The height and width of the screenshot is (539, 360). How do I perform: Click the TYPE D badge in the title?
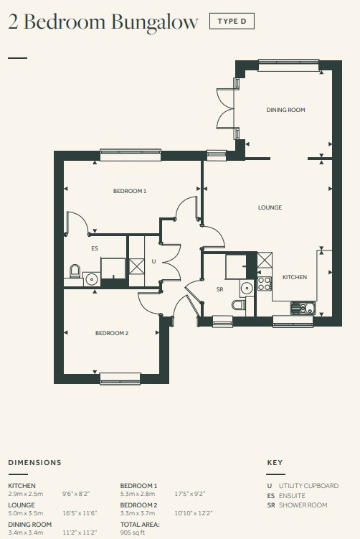tap(232, 22)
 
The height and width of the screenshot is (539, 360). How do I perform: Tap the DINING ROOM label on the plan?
tap(286, 110)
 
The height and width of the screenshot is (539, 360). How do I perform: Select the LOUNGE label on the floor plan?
tap(270, 207)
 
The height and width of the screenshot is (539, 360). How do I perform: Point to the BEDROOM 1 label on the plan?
tap(130, 191)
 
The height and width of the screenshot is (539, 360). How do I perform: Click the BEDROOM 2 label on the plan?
tap(112, 333)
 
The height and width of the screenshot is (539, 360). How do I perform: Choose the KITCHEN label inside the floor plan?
tap(295, 277)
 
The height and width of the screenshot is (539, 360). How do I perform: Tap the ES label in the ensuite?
tap(95, 248)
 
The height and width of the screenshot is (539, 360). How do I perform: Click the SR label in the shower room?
tap(220, 289)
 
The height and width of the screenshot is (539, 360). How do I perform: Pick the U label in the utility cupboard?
tap(153, 261)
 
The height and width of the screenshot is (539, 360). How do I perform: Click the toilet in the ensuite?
tap(75, 271)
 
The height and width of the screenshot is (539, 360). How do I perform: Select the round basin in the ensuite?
tap(92, 278)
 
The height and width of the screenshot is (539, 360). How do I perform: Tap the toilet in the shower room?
tap(239, 304)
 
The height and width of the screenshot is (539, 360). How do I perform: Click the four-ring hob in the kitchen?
tap(265, 283)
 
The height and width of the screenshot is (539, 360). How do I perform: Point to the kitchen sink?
tap(303, 309)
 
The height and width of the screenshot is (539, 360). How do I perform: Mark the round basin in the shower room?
tap(247, 288)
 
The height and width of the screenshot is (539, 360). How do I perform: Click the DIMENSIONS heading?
tap(34, 463)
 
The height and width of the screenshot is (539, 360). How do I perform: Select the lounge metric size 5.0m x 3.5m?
tap(26, 513)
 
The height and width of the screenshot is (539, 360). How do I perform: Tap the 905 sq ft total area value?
tap(133, 533)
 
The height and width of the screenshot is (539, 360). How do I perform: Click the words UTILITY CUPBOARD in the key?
tap(308, 486)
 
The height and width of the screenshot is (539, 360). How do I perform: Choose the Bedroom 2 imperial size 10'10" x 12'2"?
tap(194, 513)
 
